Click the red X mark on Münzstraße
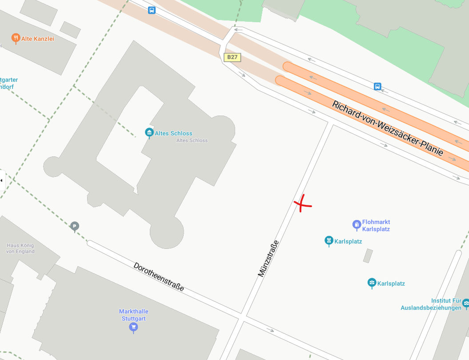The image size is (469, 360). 302,204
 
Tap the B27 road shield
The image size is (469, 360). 232,57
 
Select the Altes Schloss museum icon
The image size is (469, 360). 149,132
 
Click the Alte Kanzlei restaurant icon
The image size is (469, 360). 16,38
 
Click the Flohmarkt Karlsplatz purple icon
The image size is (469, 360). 357,225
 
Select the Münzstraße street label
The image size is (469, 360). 269,259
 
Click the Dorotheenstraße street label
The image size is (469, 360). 158,277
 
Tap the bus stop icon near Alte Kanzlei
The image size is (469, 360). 152,10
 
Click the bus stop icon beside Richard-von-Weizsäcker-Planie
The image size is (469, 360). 377,86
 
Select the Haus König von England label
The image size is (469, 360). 20,248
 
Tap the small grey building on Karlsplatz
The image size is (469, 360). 368,256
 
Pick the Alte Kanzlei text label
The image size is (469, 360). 38,39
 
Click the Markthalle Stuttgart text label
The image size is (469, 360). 133,315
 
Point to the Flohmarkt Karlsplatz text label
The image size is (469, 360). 376,225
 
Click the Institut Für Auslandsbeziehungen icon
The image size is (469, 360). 465,303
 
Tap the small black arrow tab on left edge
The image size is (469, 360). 1,180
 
